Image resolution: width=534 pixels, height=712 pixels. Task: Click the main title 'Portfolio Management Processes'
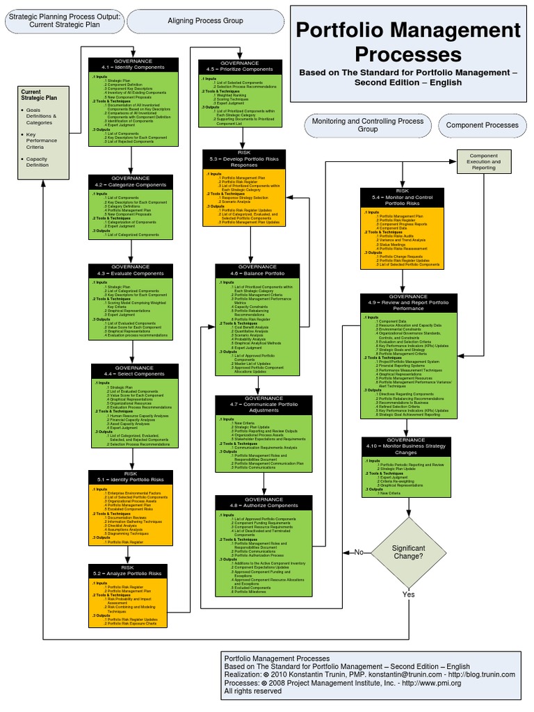(408, 42)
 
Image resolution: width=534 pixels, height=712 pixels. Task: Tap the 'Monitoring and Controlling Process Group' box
(368, 125)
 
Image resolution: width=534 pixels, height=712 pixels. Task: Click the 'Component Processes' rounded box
(482, 125)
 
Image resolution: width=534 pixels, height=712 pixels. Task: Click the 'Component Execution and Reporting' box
(484, 161)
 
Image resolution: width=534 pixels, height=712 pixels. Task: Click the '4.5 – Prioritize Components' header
(240, 67)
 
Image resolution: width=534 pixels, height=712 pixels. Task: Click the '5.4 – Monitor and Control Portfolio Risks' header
(403, 197)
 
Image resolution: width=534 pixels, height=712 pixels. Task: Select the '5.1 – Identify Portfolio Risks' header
(131, 477)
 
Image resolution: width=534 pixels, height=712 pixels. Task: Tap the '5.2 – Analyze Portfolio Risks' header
(127, 571)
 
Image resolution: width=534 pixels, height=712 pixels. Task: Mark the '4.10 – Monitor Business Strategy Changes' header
(406, 446)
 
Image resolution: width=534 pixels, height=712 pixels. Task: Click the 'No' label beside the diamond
(359, 552)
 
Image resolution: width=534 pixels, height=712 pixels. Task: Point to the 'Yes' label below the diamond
(408, 594)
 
